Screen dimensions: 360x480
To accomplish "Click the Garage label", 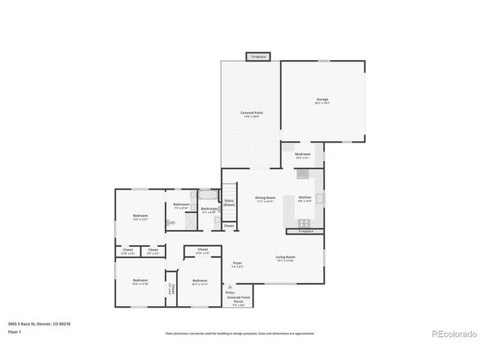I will pyautogui.click(x=322, y=102).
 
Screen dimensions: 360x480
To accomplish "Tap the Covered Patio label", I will pyautogui.click(x=251, y=114).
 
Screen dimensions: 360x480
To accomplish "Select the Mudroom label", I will pyautogui.click(x=303, y=155).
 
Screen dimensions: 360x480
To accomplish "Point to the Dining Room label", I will pyautogui.click(x=265, y=199).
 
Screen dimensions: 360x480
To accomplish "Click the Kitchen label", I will pyautogui.click(x=305, y=199).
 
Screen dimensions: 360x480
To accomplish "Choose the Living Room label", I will pyautogui.click(x=285, y=258).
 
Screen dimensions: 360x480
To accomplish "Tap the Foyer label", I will pyautogui.click(x=237, y=265).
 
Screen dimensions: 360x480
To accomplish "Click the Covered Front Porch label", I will pyautogui.click(x=239, y=301).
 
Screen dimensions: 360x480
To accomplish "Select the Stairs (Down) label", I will pyautogui.click(x=229, y=202).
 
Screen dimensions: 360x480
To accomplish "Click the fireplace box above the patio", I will pyautogui.click(x=258, y=56).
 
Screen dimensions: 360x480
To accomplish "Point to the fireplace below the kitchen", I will pyautogui.click(x=306, y=232).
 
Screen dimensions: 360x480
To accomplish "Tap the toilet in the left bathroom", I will pyautogui.click(x=171, y=223).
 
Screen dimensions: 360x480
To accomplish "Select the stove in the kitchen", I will pyautogui.click(x=305, y=222).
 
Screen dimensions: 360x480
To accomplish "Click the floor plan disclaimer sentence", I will pyautogui.click(x=240, y=333).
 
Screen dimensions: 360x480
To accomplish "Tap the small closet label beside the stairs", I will pyautogui.click(x=229, y=226).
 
